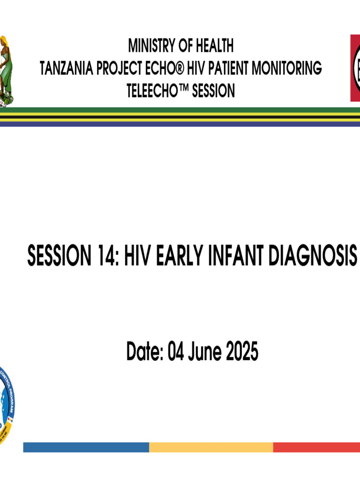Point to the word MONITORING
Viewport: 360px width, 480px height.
(287, 68)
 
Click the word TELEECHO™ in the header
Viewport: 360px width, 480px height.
(157, 90)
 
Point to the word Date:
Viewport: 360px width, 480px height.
(144, 352)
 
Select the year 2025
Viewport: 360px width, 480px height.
(242, 352)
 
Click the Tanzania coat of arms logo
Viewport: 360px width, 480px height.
(7, 70)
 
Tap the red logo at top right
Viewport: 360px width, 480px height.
(355, 67)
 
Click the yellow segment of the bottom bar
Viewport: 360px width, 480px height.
(211, 447)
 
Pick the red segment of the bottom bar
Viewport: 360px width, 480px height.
(316, 447)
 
